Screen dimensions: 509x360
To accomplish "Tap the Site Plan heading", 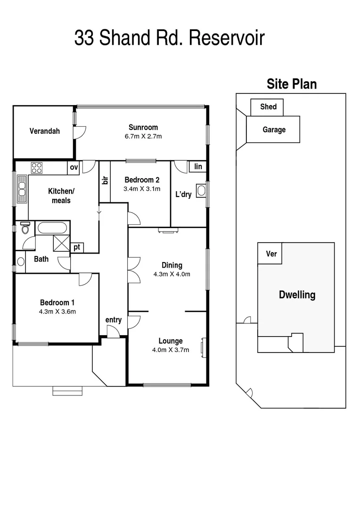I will point(292,84).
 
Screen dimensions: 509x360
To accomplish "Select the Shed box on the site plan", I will point(269,107).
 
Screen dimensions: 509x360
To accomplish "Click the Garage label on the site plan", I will point(274,130).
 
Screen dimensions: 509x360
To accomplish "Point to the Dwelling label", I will point(297,295).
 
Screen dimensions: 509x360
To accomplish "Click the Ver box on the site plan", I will point(271,254).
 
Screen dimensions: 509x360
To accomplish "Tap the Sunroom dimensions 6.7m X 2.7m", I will point(143,137).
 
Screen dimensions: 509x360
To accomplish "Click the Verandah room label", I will point(44,131).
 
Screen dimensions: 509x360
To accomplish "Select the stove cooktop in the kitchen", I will point(37,167).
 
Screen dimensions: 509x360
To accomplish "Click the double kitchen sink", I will point(22,189).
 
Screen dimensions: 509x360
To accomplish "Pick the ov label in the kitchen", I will point(74,167).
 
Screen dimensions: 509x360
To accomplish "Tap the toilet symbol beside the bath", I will point(25,228).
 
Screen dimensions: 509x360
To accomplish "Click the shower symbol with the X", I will point(61,243).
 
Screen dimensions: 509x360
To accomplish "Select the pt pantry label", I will point(76,247).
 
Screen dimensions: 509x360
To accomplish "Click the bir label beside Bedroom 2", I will point(105,180).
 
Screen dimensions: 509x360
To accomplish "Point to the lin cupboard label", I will point(198,166).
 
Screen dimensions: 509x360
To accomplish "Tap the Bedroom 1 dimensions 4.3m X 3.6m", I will point(57,311).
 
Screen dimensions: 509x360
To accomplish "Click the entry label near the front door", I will point(114,320).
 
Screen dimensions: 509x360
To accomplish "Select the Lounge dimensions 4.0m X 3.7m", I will point(171,350).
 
